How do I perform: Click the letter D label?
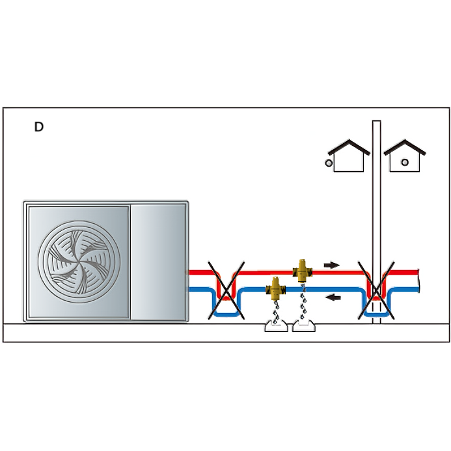pos(39,127)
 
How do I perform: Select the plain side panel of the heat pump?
pos(159,261)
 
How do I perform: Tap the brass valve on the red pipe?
pos(303,269)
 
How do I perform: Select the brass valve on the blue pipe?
pos(275,287)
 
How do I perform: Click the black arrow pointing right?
pos(332,265)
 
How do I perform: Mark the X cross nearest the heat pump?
pos(225,290)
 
